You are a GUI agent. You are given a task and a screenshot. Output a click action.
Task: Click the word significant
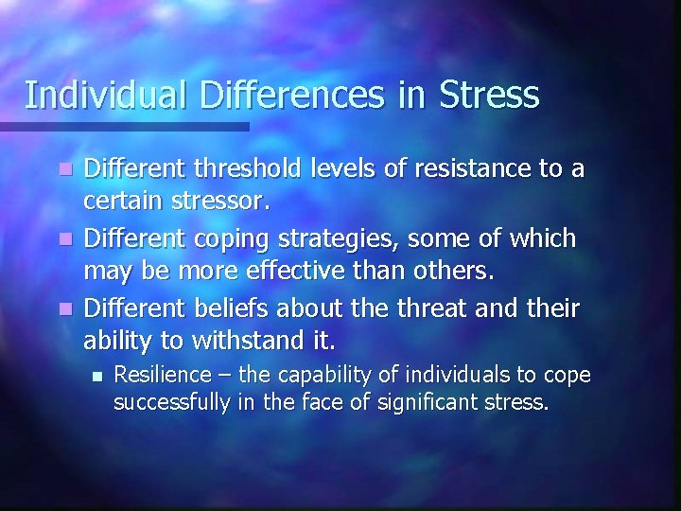point(425,404)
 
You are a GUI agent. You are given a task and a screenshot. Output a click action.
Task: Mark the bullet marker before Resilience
point(94,377)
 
